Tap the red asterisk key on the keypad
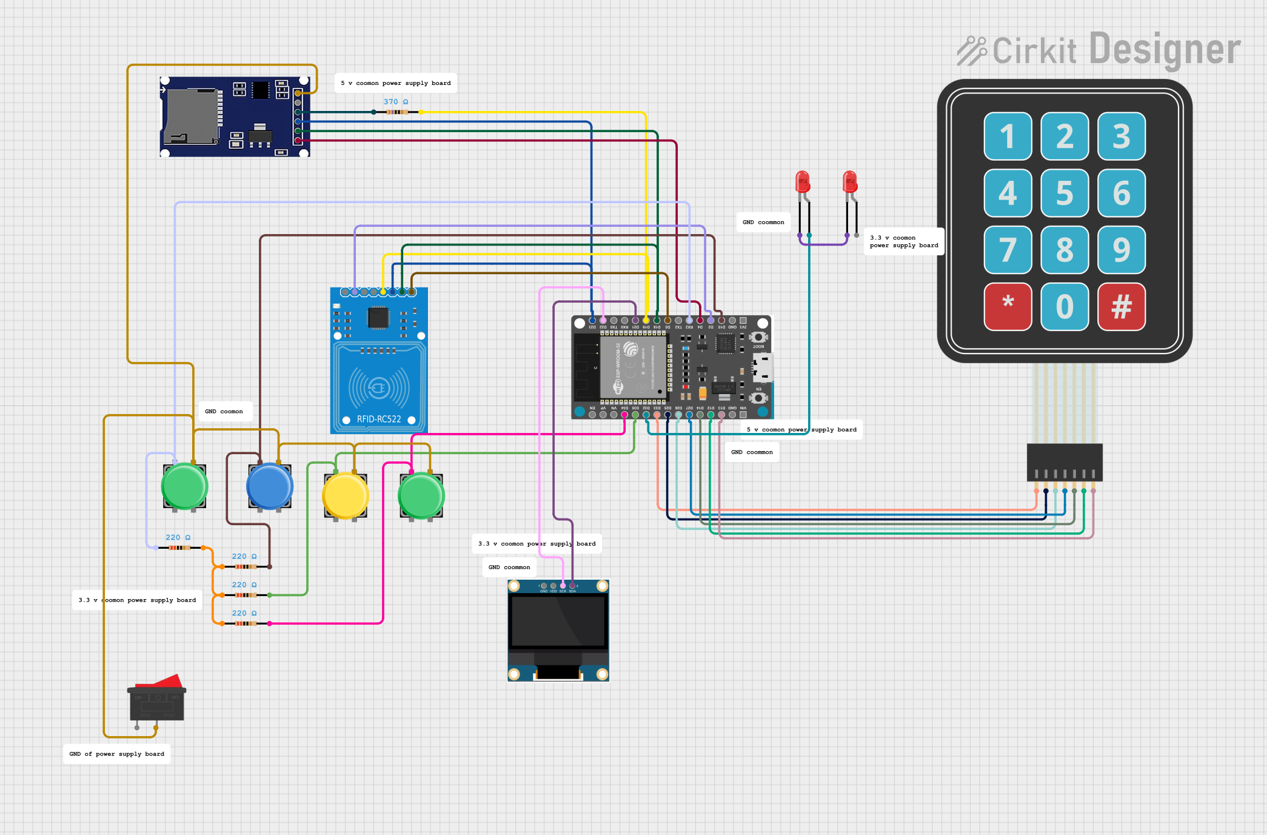point(1008,306)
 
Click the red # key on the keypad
point(1121,306)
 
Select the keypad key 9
point(1121,250)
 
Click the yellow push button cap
point(345,495)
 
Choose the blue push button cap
point(269,486)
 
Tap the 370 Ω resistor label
point(396,102)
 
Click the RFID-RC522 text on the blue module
point(379,419)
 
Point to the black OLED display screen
point(558,621)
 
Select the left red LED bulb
point(803,181)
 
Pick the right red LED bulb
point(850,181)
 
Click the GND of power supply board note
point(117,754)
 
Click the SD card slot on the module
point(191,116)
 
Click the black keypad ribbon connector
point(1065,462)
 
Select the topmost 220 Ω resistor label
point(178,537)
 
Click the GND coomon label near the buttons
point(224,411)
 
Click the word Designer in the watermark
point(1165,50)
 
